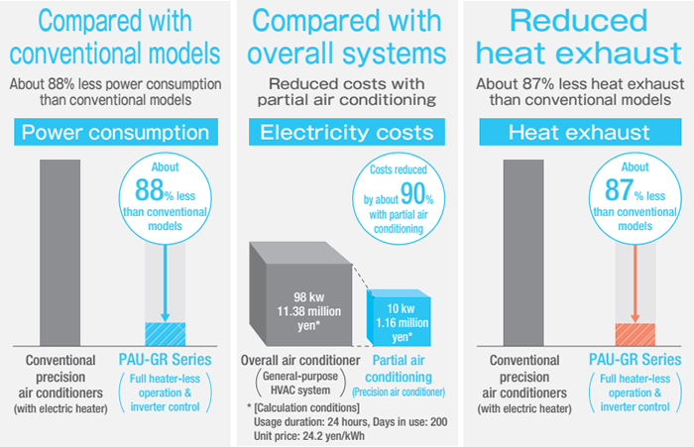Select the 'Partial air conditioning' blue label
399,370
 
